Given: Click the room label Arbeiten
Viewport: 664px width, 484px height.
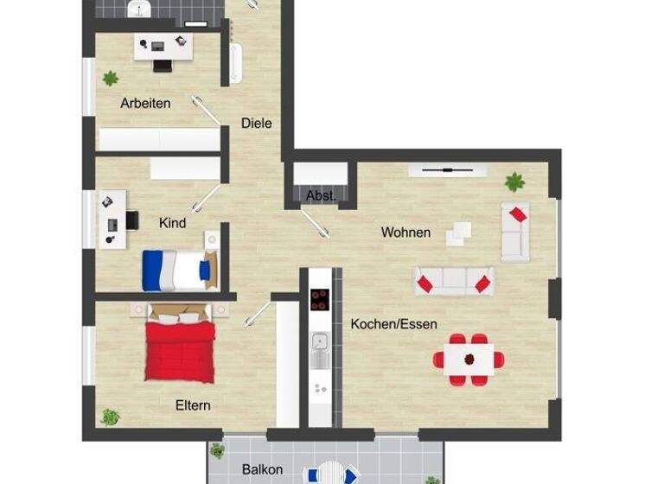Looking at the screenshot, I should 145,103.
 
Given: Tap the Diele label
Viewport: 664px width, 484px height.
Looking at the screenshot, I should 256,123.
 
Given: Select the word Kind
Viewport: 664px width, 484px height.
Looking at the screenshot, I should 172,223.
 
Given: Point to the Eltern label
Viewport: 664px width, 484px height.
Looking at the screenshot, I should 193,404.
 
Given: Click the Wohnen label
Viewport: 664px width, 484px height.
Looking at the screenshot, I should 405,232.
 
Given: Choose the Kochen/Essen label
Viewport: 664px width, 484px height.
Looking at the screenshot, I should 393,324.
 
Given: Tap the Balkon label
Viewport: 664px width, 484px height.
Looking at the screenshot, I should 262,469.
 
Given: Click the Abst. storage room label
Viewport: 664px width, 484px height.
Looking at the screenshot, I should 320,196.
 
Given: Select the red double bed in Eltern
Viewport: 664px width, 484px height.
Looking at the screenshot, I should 179,347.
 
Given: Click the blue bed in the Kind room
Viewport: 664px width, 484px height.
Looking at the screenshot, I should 177,270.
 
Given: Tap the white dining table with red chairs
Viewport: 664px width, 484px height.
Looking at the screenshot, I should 469,358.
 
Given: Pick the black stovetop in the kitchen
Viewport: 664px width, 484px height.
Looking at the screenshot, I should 320,298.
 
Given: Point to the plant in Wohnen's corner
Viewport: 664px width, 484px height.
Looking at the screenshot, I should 515,181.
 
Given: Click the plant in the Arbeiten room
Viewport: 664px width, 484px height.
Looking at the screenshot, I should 110,78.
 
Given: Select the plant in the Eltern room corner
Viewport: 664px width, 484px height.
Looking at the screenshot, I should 110,417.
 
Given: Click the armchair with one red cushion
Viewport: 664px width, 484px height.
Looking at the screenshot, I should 516,231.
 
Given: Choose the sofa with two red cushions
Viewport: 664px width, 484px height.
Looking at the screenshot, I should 453,281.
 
